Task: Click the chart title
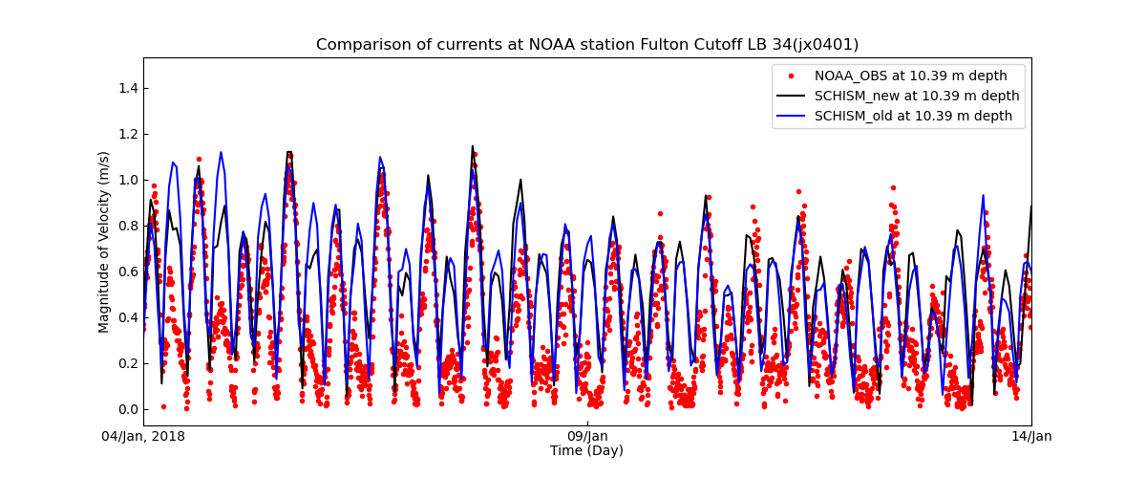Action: click(x=587, y=45)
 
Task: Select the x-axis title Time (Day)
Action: click(x=586, y=451)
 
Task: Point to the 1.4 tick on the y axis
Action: click(x=127, y=88)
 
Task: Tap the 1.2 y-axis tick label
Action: click(x=127, y=134)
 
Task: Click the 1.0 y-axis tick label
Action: click(x=127, y=180)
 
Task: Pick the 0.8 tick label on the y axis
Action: click(x=127, y=226)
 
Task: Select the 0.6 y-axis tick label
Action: click(x=127, y=272)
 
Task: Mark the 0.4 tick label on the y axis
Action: click(x=127, y=317)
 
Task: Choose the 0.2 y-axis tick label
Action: click(x=127, y=363)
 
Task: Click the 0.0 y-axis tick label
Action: click(x=127, y=409)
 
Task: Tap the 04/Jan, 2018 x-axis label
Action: click(x=144, y=437)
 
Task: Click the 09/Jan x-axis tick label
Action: click(x=587, y=437)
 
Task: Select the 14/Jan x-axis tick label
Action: click(x=1031, y=437)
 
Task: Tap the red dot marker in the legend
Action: click(x=791, y=76)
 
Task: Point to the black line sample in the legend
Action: click(x=791, y=96)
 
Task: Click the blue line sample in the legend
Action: click(x=791, y=116)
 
